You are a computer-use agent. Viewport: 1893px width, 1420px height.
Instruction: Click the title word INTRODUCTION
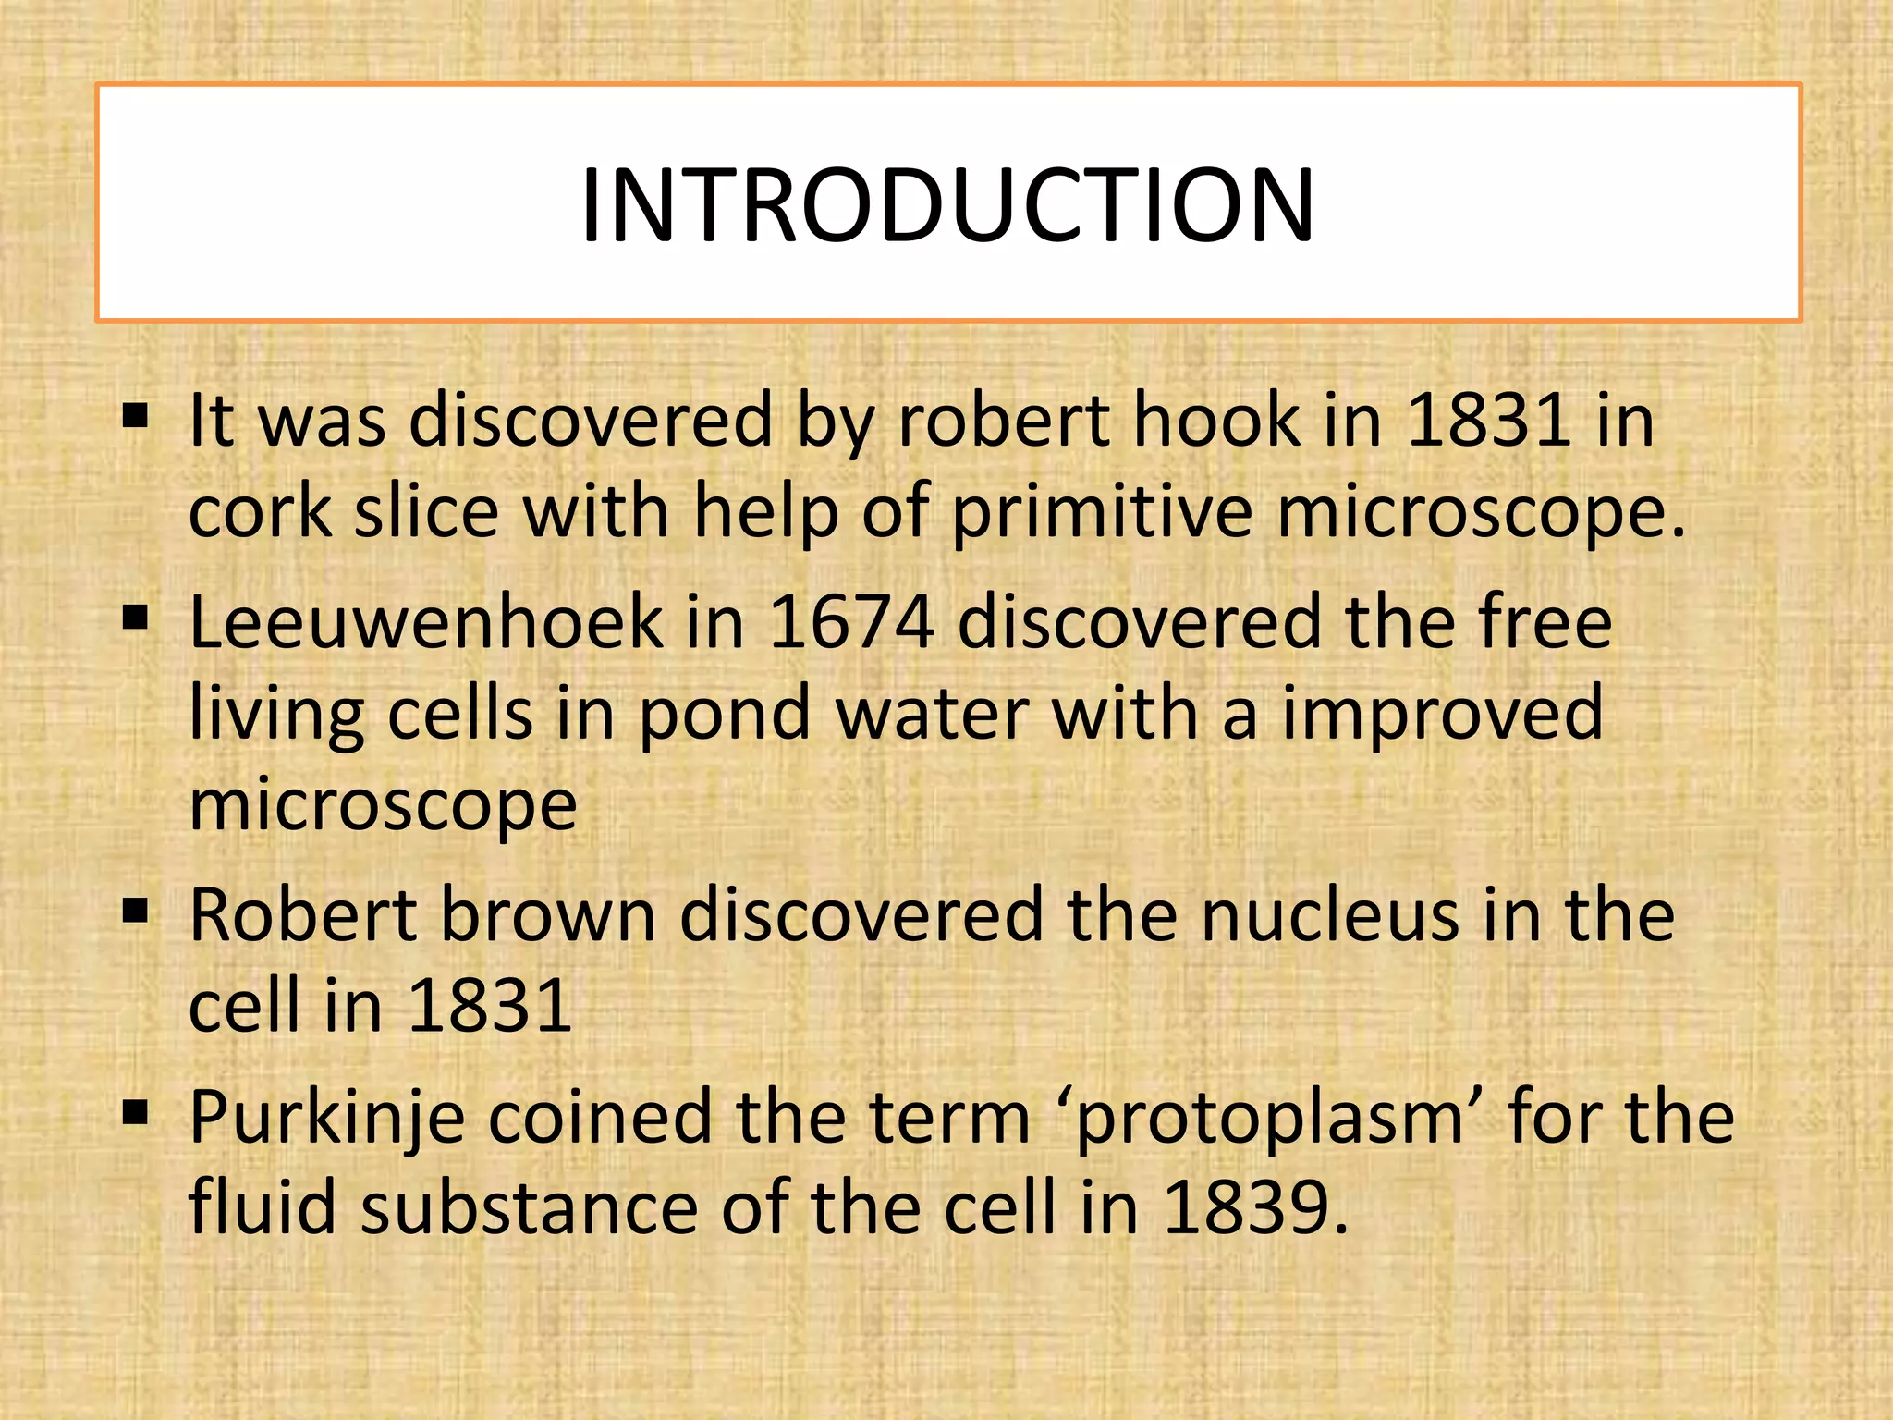pos(947,205)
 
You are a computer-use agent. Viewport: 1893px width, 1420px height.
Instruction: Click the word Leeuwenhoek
pos(426,622)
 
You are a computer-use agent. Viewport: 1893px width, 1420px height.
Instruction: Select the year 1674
pos(851,622)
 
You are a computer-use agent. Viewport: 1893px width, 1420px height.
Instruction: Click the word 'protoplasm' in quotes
pos(1270,1119)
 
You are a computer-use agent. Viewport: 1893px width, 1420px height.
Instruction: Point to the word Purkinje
pos(327,1119)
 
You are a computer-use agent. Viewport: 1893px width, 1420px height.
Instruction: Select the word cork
pos(260,512)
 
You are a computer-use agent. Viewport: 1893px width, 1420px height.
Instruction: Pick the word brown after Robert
pos(547,915)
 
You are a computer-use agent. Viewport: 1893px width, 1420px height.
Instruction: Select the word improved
pos(1442,715)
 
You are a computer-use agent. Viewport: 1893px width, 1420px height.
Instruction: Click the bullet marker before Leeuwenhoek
pos(136,617)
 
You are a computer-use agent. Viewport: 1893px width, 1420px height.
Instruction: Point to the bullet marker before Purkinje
pos(136,1111)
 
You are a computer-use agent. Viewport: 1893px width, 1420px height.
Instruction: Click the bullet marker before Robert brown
pos(136,911)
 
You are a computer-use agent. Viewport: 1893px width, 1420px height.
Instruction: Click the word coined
pos(600,1119)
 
